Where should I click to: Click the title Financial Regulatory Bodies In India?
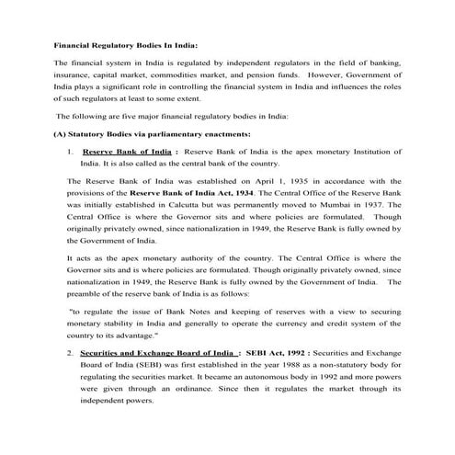pos(126,44)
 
